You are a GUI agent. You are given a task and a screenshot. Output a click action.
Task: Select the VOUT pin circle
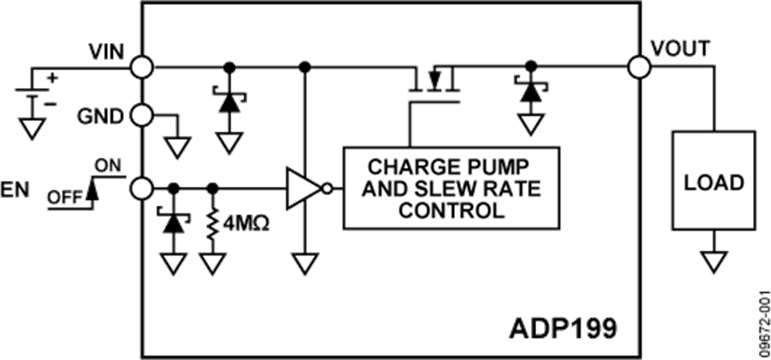637,66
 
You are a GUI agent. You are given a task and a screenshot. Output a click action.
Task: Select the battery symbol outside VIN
35,90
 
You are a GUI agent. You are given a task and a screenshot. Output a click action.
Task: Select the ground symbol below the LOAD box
713,261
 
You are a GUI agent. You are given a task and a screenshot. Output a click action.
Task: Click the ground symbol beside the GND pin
177,147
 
